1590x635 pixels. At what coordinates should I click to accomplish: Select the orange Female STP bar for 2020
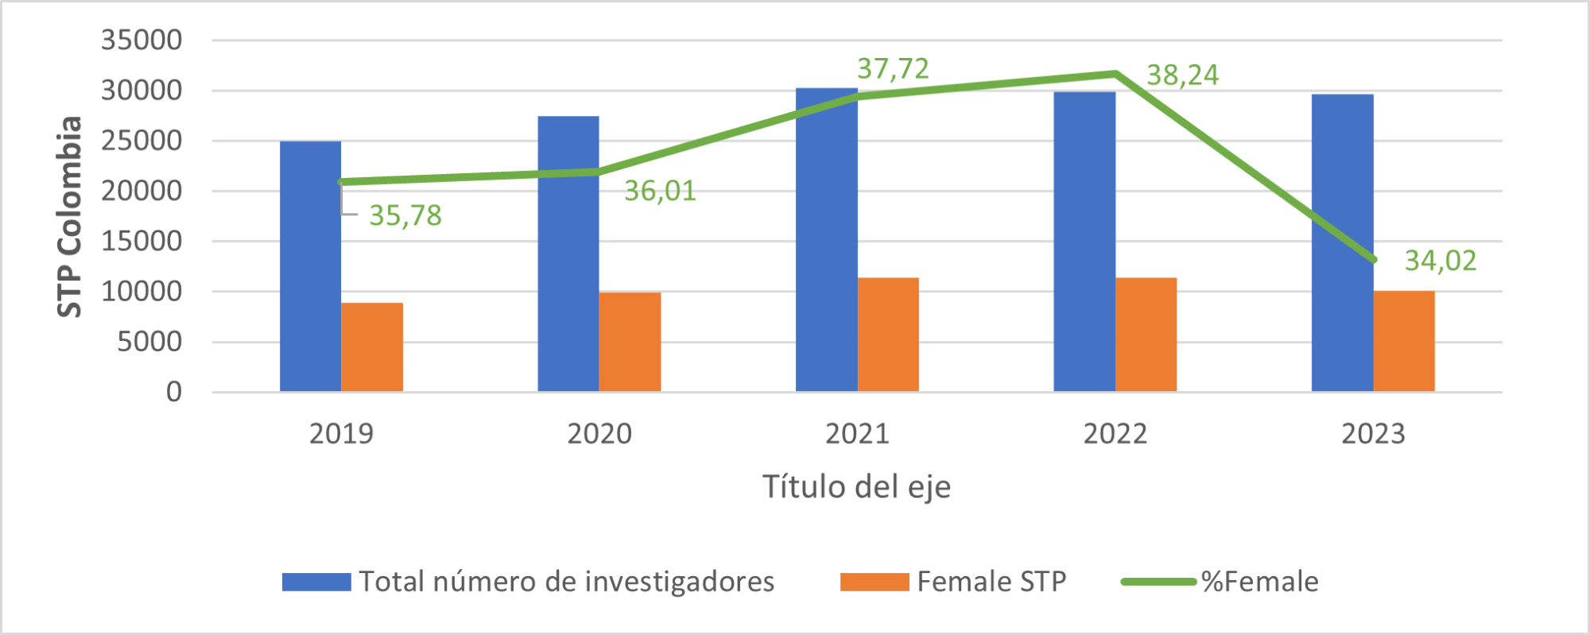pos(630,342)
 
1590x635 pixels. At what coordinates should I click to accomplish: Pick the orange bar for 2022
pos(1146,335)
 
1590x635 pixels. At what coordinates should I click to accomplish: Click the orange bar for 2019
pos(372,347)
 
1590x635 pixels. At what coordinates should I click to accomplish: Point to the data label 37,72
pos(893,69)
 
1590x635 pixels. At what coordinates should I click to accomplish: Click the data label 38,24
pos(1182,76)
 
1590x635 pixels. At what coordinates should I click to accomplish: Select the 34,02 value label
pos(1440,261)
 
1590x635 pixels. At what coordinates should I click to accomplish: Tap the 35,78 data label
pos(405,215)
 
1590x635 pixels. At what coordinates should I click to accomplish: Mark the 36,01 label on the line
pos(660,191)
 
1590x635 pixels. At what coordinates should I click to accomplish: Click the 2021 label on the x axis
pos(857,434)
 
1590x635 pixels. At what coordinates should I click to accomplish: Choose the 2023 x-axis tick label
pos(1373,434)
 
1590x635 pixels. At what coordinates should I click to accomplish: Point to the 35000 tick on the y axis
pos(142,40)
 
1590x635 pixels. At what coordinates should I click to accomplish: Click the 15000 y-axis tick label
pos(142,241)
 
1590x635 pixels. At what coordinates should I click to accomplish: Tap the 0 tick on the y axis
pos(174,392)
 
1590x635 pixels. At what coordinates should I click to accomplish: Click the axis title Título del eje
pos(856,486)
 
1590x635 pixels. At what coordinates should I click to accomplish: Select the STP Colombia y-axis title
pos(70,216)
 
